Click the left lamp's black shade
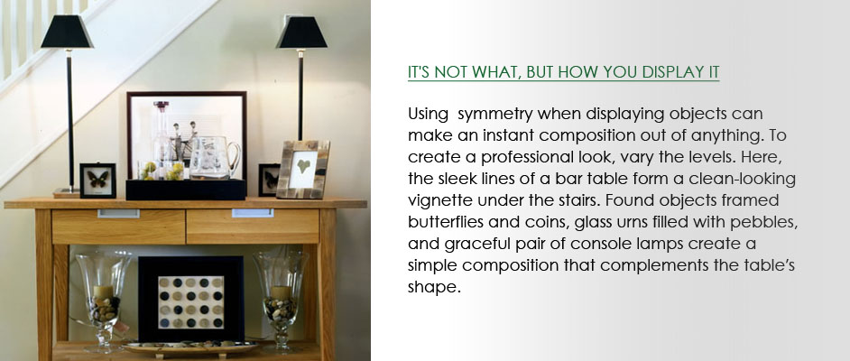coord(67,32)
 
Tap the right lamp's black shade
coord(301,32)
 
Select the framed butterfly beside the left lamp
coord(97,180)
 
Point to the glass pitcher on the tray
coord(214,158)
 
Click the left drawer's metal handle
coord(118,214)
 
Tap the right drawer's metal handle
coord(253,213)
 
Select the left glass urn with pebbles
coord(104,297)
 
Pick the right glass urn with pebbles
coord(280,298)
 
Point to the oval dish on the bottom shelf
coord(189,347)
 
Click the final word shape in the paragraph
coord(434,287)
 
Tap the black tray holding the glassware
coord(186,190)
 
